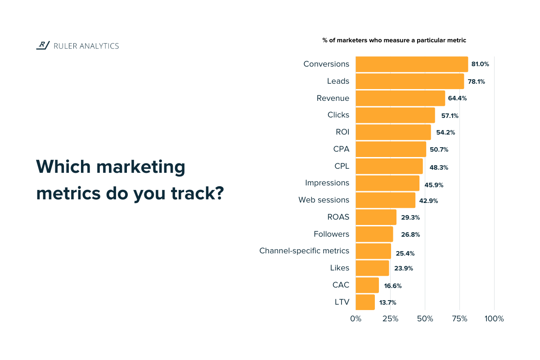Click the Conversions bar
pyautogui.click(x=412, y=64)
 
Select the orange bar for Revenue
pyautogui.click(x=400, y=99)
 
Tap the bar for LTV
pyautogui.click(x=365, y=302)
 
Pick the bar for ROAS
pyautogui.click(x=376, y=217)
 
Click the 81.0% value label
pyautogui.click(x=480, y=64)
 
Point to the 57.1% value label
pyautogui.click(x=450, y=116)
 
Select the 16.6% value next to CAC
pyautogui.click(x=393, y=286)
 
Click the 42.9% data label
pyautogui.click(x=429, y=201)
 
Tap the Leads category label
pyautogui.click(x=338, y=81)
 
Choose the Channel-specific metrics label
pyautogui.click(x=304, y=251)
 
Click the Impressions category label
pyautogui.click(x=327, y=183)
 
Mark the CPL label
pyautogui.click(x=342, y=166)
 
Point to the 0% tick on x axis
pyautogui.click(x=355, y=319)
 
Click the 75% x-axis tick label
pyautogui.click(x=459, y=319)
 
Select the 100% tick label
pyautogui.click(x=494, y=319)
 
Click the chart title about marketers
pyautogui.click(x=394, y=40)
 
